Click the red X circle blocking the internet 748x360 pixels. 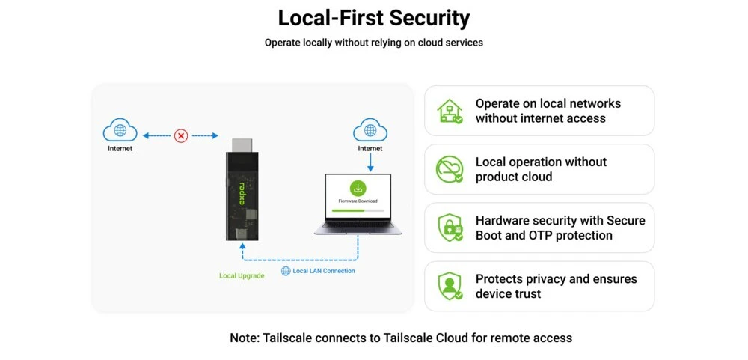[x=181, y=136]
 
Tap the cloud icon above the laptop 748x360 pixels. [x=370, y=130]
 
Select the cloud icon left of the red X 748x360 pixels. [x=120, y=130]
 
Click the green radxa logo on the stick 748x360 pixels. [x=242, y=193]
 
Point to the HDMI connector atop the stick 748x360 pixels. [x=242, y=145]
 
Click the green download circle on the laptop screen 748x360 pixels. [x=358, y=188]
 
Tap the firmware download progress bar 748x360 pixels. [x=358, y=210]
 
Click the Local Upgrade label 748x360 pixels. [x=242, y=276]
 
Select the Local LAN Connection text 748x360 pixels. [x=324, y=271]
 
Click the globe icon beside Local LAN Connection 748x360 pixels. [x=286, y=271]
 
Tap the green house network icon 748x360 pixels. [x=450, y=111]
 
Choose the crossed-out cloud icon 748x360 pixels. [x=450, y=169]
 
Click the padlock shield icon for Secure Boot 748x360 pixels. [x=450, y=228]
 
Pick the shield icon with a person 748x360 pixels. [x=450, y=286]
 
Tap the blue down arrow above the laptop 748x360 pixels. [x=370, y=163]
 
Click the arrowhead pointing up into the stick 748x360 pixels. [x=242, y=246]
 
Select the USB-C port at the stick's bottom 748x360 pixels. [x=242, y=234]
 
